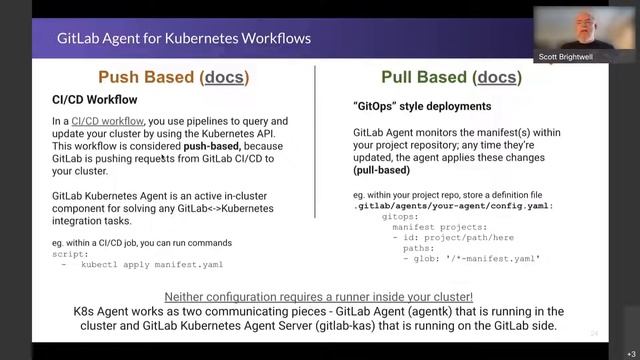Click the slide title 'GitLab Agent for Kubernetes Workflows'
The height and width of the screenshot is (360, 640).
click(x=183, y=39)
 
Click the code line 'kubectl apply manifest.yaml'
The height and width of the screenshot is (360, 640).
click(x=152, y=265)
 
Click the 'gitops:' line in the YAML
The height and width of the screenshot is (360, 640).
click(x=402, y=216)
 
